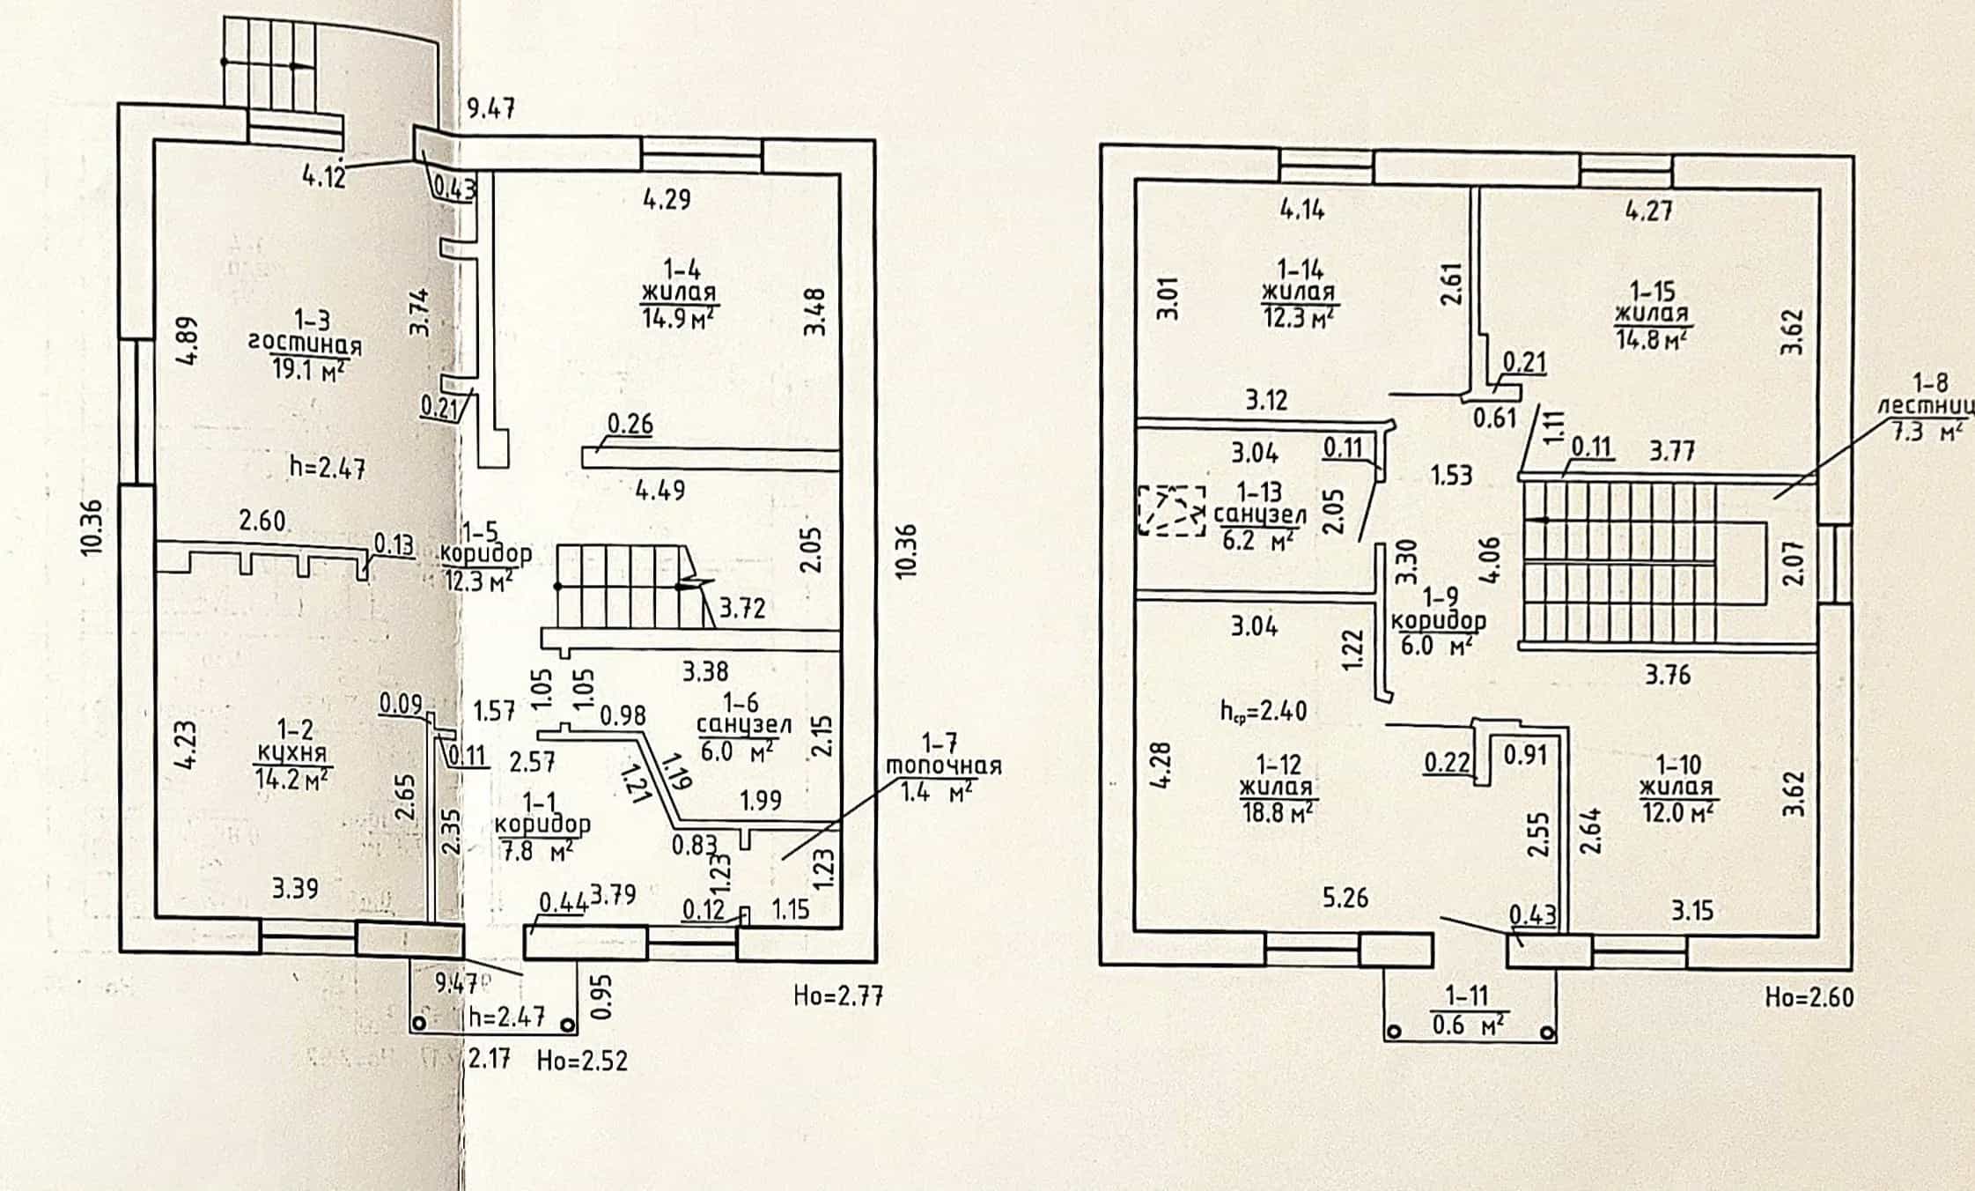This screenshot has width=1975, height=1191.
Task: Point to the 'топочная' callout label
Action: pos(943,766)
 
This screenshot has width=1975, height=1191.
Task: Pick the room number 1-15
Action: pos(1652,291)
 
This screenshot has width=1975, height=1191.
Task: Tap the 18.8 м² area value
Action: pos(1277,810)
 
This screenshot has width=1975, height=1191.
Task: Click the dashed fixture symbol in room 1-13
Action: pos(1171,511)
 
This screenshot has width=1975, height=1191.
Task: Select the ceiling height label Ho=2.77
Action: pos(838,996)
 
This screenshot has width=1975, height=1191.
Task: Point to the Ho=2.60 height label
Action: pos(1810,997)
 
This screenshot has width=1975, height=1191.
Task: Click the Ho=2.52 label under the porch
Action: pos(583,1060)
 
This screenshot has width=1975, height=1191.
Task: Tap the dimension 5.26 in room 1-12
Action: pos(1345,898)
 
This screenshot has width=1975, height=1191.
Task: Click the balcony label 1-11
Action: pos(1467,996)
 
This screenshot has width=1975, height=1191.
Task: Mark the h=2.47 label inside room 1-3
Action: pos(328,466)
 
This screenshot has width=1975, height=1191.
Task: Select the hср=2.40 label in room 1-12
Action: pos(1264,710)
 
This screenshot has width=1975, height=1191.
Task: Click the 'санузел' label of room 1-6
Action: pos(744,725)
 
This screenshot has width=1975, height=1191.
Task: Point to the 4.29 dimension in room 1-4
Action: pos(667,199)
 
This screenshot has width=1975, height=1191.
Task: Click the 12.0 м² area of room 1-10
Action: pos(1677,810)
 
